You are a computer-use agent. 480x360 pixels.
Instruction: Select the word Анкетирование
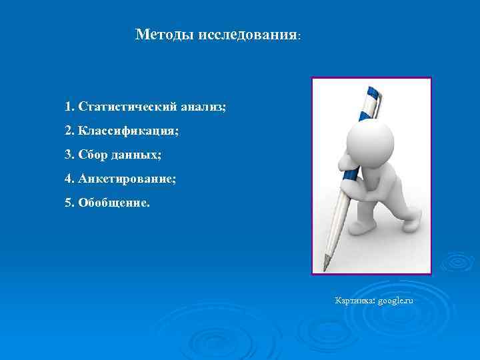[x=127, y=179]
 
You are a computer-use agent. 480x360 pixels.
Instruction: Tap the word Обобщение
[x=114, y=203]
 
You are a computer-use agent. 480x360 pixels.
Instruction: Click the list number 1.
[x=69, y=107]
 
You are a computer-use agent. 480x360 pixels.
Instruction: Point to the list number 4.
[x=69, y=179]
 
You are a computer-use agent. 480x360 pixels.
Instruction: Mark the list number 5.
[x=69, y=203]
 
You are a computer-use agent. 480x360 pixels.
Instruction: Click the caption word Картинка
[x=355, y=301]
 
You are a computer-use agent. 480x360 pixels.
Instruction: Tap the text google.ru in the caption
[x=395, y=301]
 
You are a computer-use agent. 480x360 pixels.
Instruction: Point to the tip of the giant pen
[x=325, y=269]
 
